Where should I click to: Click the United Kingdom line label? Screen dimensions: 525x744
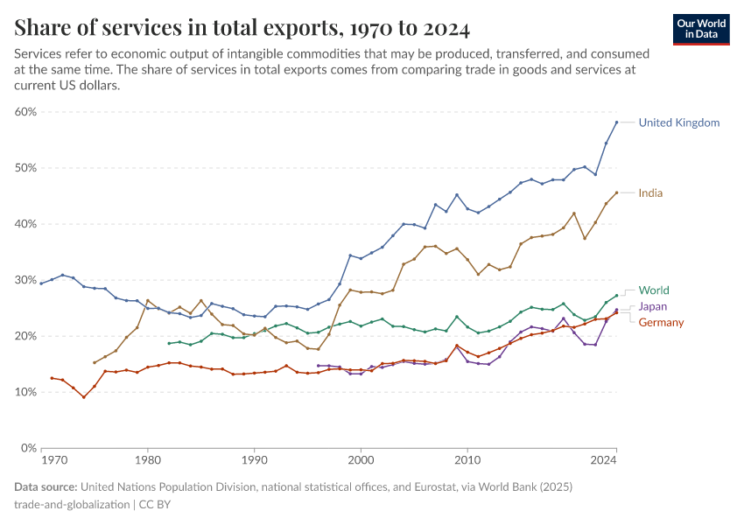pos(678,122)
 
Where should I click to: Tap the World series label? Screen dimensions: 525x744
pos(654,290)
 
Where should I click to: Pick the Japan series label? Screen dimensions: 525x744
pos(653,306)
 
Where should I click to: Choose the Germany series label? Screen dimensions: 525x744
pos(661,323)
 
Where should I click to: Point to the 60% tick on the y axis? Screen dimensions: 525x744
pos(25,112)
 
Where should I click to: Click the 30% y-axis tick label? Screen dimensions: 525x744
pos(25,280)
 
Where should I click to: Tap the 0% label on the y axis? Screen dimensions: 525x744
pos(27,448)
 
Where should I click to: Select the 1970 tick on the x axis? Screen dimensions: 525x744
pos(53,459)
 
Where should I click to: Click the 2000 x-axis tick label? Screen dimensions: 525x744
pos(361,459)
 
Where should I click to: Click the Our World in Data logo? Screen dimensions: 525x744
pos(701,29)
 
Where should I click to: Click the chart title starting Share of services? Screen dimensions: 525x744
pos(242,28)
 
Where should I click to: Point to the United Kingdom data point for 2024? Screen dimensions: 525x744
pos(616,122)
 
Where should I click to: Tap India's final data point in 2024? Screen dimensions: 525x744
pos(616,192)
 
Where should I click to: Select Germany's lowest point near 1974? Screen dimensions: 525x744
pos(84,397)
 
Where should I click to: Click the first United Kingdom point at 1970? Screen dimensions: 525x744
pos(41,283)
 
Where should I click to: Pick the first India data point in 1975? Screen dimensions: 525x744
pos(95,362)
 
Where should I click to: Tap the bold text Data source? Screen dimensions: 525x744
pos(46,487)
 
